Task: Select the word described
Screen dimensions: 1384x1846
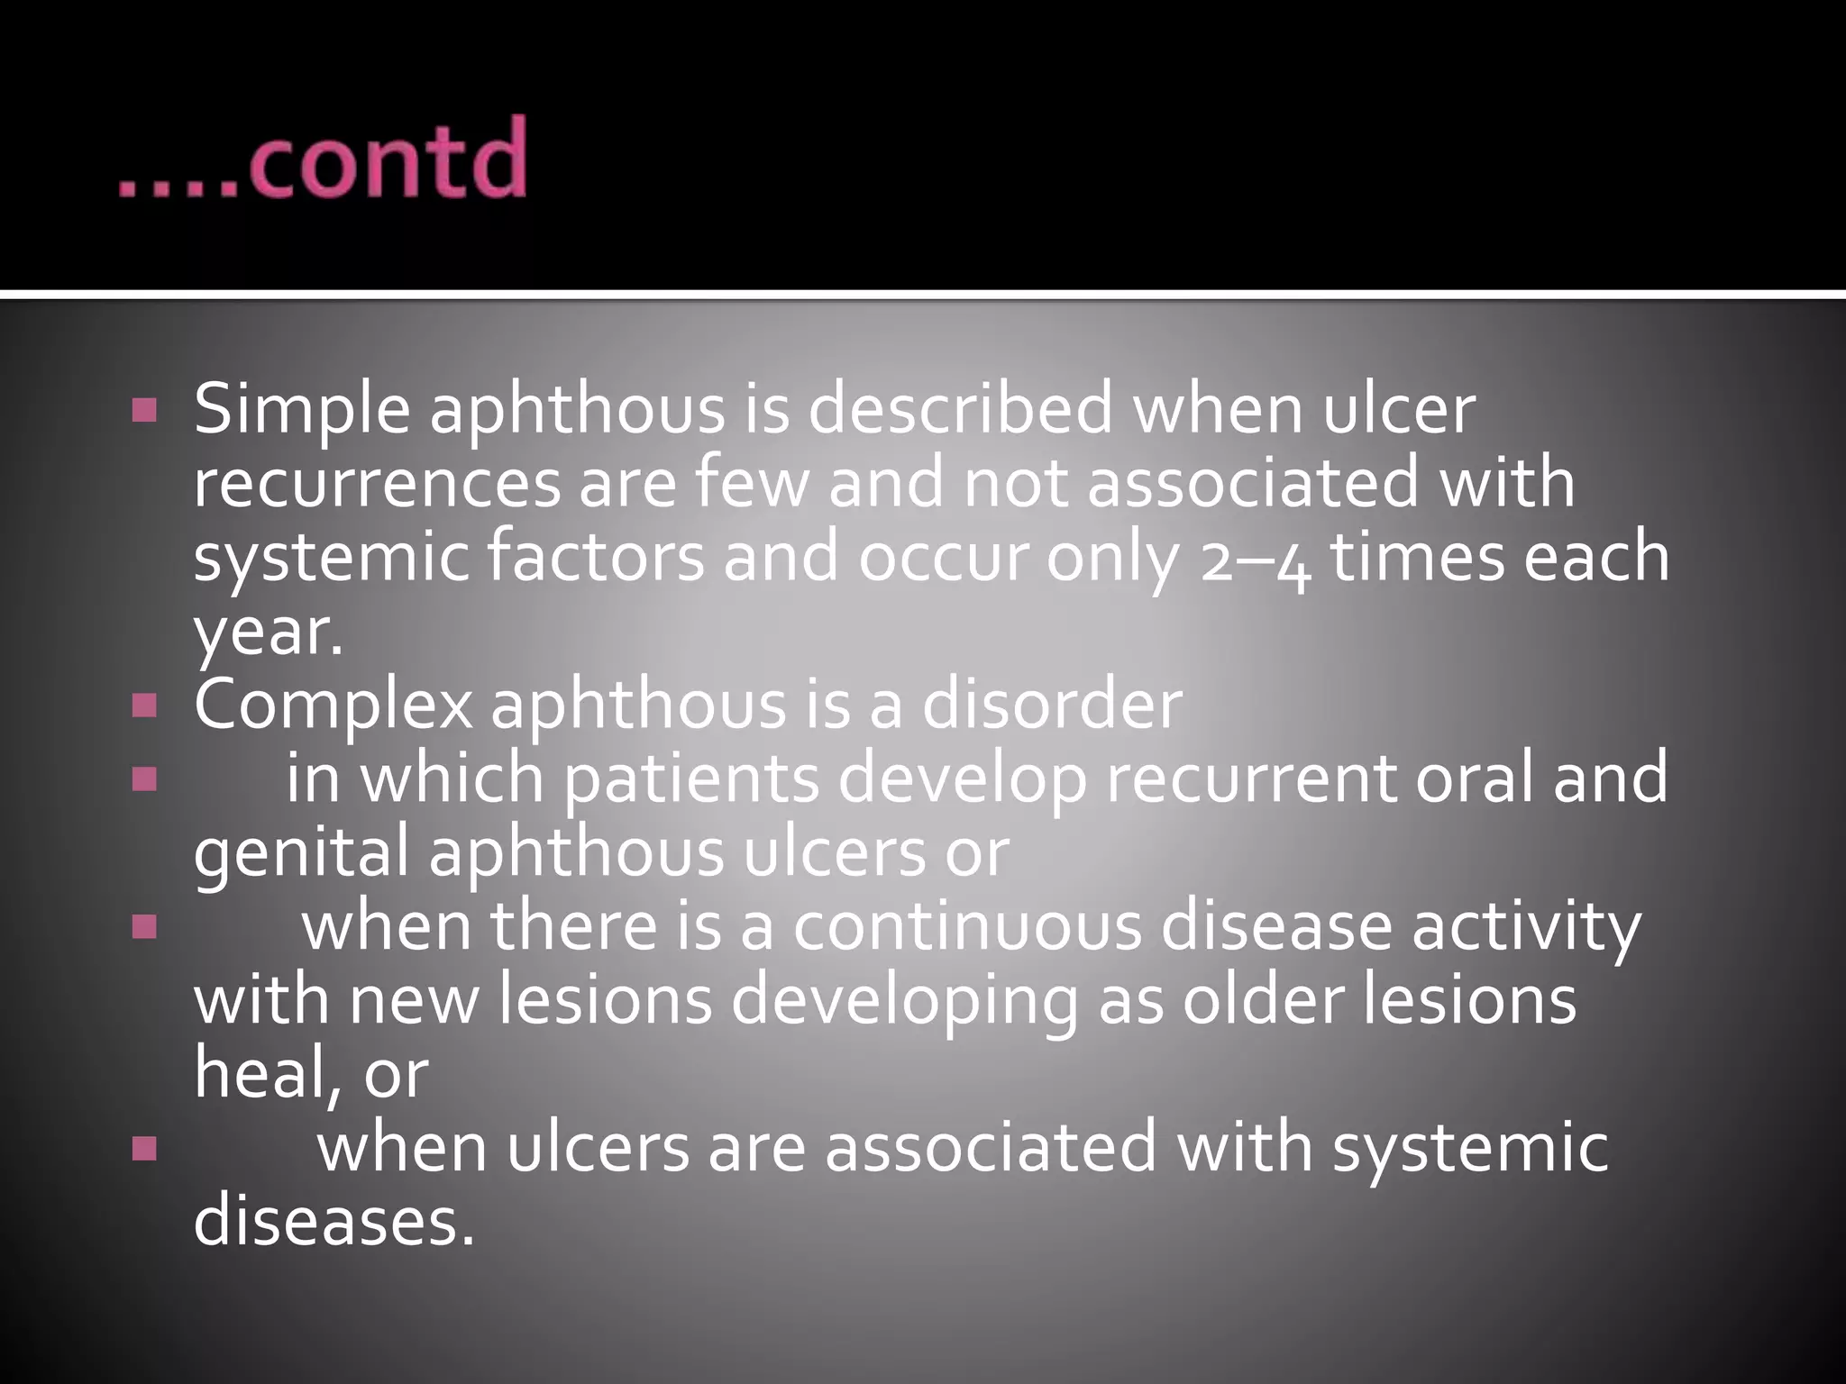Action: (960, 410)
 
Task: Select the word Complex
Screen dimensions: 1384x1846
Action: (333, 706)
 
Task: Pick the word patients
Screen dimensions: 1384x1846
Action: (691, 779)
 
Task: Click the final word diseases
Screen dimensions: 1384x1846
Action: (334, 1222)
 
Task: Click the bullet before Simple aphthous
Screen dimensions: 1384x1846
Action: (143, 412)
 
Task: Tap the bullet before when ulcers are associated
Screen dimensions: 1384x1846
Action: (143, 1149)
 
